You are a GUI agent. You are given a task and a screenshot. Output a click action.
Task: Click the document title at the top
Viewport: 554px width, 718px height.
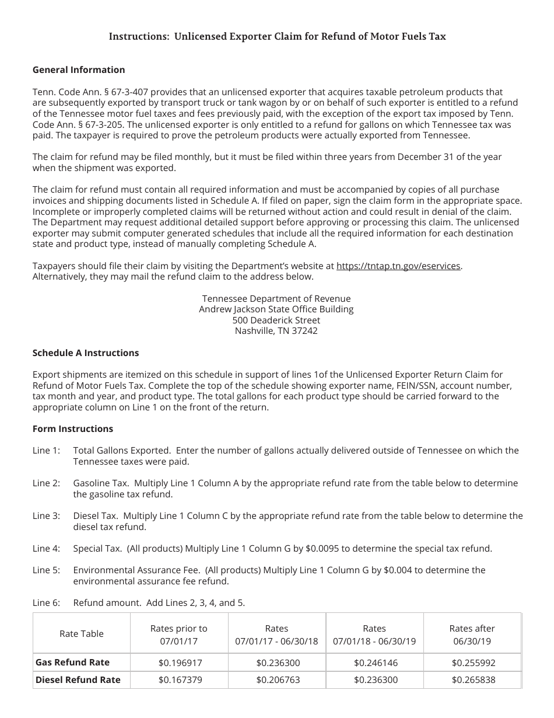(x=277, y=36)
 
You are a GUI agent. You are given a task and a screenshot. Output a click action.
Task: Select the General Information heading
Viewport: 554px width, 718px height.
(x=79, y=69)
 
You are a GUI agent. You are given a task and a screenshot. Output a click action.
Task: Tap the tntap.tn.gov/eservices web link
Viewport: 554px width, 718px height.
(x=399, y=266)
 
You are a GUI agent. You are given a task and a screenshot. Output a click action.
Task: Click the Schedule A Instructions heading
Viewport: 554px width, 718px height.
(x=86, y=353)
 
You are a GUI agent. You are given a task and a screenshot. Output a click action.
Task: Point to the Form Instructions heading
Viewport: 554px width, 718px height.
(x=73, y=428)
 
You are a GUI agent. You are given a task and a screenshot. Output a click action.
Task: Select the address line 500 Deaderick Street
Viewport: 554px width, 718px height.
(x=276, y=320)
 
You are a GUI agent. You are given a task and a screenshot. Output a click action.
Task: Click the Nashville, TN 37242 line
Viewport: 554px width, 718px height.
(x=276, y=331)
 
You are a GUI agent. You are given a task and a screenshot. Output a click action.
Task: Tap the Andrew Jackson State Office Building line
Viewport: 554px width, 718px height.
(x=276, y=309)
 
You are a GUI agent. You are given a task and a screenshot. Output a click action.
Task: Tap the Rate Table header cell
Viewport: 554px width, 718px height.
(x=82, y=634)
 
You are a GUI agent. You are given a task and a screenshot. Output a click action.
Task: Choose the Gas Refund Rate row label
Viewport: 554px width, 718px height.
(x=72, y=662)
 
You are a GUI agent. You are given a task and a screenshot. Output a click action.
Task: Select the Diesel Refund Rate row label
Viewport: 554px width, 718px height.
(x=78, y=679)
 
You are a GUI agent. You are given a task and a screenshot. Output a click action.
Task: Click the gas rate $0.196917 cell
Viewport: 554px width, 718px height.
(x=179, y=663)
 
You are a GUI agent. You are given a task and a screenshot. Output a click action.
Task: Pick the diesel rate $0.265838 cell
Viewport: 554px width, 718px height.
(x=472, y=680)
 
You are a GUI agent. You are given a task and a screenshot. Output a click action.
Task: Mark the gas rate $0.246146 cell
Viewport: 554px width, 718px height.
(x=374, y=663)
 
